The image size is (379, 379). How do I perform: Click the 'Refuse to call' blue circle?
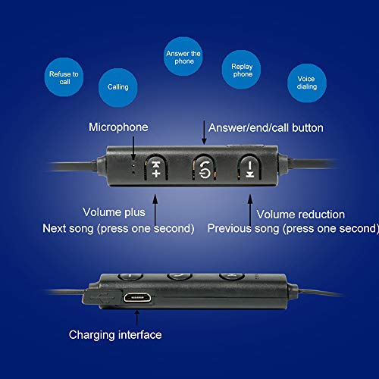click(64, 79)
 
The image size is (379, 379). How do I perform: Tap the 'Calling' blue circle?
click(117, 86)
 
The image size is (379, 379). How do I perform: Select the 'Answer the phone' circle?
click(183, 58)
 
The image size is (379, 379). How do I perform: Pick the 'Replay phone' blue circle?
click(242, 70)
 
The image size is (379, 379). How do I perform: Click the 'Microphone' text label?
click(118, 127)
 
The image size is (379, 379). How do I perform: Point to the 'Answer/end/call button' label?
click(265, 128)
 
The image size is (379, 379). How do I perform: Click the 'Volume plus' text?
click(114, 214)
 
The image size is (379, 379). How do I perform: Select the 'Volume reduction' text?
click(300, 215)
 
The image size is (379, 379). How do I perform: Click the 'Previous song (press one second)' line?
click(292, 227)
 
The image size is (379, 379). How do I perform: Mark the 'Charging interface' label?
click(115, 334)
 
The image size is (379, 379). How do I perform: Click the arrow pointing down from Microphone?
click(134, 147)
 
